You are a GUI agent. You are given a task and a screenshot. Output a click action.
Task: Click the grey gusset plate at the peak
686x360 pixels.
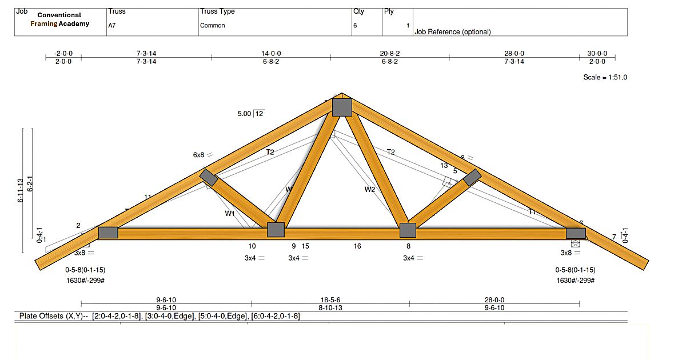point(342,107)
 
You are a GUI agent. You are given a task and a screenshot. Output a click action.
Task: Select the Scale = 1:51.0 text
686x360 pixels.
point(605,77)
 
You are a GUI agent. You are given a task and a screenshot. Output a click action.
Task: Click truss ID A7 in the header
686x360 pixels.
point(112,26)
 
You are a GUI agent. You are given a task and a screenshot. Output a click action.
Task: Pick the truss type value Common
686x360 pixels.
point(212,26)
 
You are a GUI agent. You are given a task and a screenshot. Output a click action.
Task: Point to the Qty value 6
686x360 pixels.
point(355,26)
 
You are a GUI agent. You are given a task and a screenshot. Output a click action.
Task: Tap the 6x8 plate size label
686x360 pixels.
point(199,155)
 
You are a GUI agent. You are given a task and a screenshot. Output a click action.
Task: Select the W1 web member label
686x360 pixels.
point(230,214)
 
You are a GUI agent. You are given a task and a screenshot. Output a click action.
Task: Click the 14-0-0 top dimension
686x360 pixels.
point(271,53)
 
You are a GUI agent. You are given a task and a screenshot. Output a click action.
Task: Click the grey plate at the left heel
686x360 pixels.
point(108,233)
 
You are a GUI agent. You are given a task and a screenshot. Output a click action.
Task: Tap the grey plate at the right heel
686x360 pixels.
point(576,233)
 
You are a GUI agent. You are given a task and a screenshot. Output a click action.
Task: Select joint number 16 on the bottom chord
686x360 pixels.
point(357,246)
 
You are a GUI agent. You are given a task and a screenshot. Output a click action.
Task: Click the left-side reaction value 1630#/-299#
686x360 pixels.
point(86,281)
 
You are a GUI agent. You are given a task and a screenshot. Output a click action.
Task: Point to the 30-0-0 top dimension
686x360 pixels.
point(597,53)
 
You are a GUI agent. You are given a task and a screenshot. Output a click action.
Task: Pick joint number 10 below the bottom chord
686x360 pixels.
point(252,246)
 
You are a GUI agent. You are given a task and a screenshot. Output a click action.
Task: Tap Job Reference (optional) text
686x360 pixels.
point(453,32)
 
